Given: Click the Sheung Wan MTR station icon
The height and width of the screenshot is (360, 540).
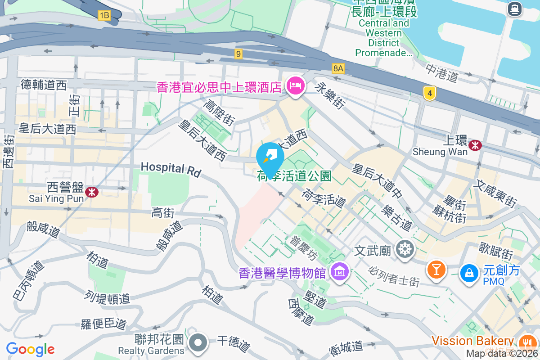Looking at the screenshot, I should pyautogui.click(x=475, y=145).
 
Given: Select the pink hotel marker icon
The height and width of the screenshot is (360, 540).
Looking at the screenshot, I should pyautogui.click(x=295, y=85).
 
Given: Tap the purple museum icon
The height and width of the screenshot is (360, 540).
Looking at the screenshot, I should pyautogui.click(x=340, y=271).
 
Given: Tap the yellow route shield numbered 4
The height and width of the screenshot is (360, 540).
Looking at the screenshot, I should pyautogui.click(x=430, y=93).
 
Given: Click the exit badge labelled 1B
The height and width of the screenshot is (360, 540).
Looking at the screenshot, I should pyautogui.click(x=104, y=15).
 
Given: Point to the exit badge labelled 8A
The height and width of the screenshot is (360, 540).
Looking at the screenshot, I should pyautogui.click(x=338, y=68).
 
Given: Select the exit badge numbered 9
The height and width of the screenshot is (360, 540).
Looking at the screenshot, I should pyautogui.click(x=238, y=54).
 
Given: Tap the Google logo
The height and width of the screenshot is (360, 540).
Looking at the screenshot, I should pyautogui.click(x=30, y=349).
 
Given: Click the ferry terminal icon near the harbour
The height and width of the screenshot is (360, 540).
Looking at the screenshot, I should pyautogui.click(x=514, y=9).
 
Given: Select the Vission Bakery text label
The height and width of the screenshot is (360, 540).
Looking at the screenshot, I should pyautogui.click(x=472, y=341).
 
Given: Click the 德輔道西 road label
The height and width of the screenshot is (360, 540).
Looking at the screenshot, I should pyautogui.click(x=44, y=84).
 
